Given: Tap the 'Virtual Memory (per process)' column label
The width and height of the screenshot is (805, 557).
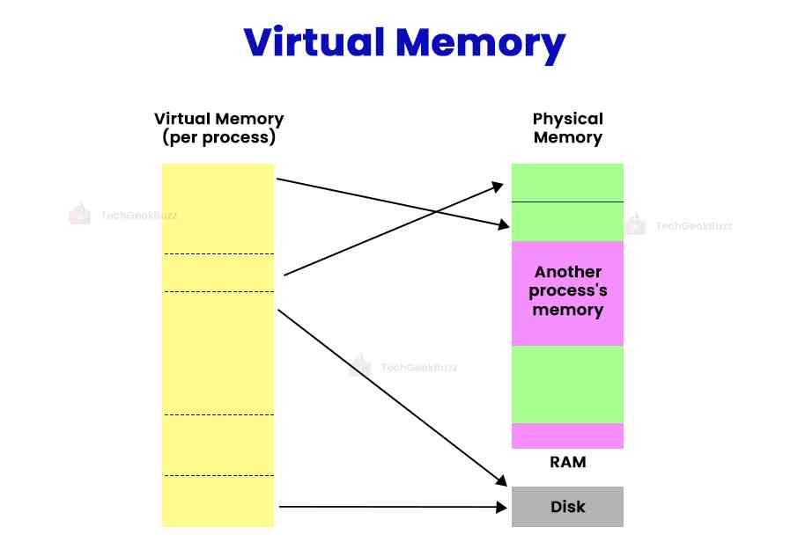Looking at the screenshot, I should [x=218, y=128].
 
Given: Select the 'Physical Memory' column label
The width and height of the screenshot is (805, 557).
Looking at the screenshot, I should [x=567, y=128].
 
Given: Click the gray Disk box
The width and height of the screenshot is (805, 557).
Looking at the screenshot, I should [x=567, y=507].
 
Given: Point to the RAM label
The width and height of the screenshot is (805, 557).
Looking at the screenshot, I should [x=567, y=462].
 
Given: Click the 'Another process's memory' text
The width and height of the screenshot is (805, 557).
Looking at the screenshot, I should [x=567, y=290].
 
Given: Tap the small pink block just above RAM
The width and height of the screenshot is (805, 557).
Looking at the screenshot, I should [x=567, y=436].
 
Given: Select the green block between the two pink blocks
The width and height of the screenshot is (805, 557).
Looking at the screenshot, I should [x=567, y=384].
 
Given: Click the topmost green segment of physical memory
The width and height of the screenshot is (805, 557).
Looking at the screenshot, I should [x=567, y=182].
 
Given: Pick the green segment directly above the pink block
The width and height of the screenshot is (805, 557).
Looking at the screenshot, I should [x=567, y=222].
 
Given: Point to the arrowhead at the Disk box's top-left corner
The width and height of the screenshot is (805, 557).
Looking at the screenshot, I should [x=502, y=481].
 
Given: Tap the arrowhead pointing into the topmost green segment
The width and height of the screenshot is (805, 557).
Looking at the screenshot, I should [x=499, y=187].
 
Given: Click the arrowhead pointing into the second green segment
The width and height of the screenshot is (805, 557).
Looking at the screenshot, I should [x=504, y=226].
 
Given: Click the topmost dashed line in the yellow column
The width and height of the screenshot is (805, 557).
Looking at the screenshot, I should [x=218, y=254].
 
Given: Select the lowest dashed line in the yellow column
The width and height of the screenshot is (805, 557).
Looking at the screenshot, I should [x=218, y=476].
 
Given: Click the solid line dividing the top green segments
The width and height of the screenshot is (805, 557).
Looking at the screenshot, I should [x=567, y=202].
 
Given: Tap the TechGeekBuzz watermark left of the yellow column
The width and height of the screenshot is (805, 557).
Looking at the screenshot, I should [x=123, y=214].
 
